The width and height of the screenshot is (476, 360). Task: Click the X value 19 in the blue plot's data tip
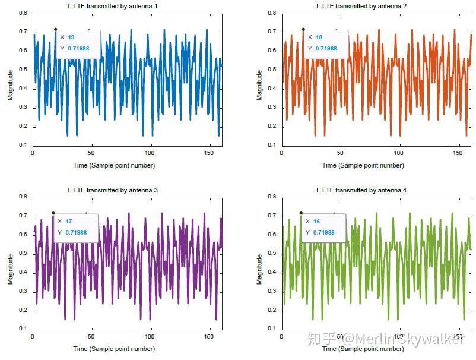[71, 37]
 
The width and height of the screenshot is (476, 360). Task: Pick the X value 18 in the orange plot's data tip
[319, 37]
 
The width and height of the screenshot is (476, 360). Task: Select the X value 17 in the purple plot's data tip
[69, 221]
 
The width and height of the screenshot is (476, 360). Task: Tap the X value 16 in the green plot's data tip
[316, 221]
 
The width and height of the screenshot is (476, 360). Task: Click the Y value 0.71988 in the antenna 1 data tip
[78, 48]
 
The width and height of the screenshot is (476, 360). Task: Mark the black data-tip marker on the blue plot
[55, 29]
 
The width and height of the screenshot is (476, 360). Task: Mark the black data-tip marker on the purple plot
[53, 213]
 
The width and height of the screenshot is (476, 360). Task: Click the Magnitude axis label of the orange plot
[259, 85]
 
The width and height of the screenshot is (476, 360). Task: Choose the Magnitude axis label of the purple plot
[11, 269]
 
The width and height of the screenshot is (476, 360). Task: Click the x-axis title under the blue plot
[122, 165]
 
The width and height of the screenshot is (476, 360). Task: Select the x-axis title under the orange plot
[371, 165]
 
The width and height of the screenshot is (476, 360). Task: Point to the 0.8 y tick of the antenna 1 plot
[23, 13]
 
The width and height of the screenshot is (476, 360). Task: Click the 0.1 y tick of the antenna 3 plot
[23, 329]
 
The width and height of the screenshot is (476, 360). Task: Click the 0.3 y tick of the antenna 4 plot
[271, 291]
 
